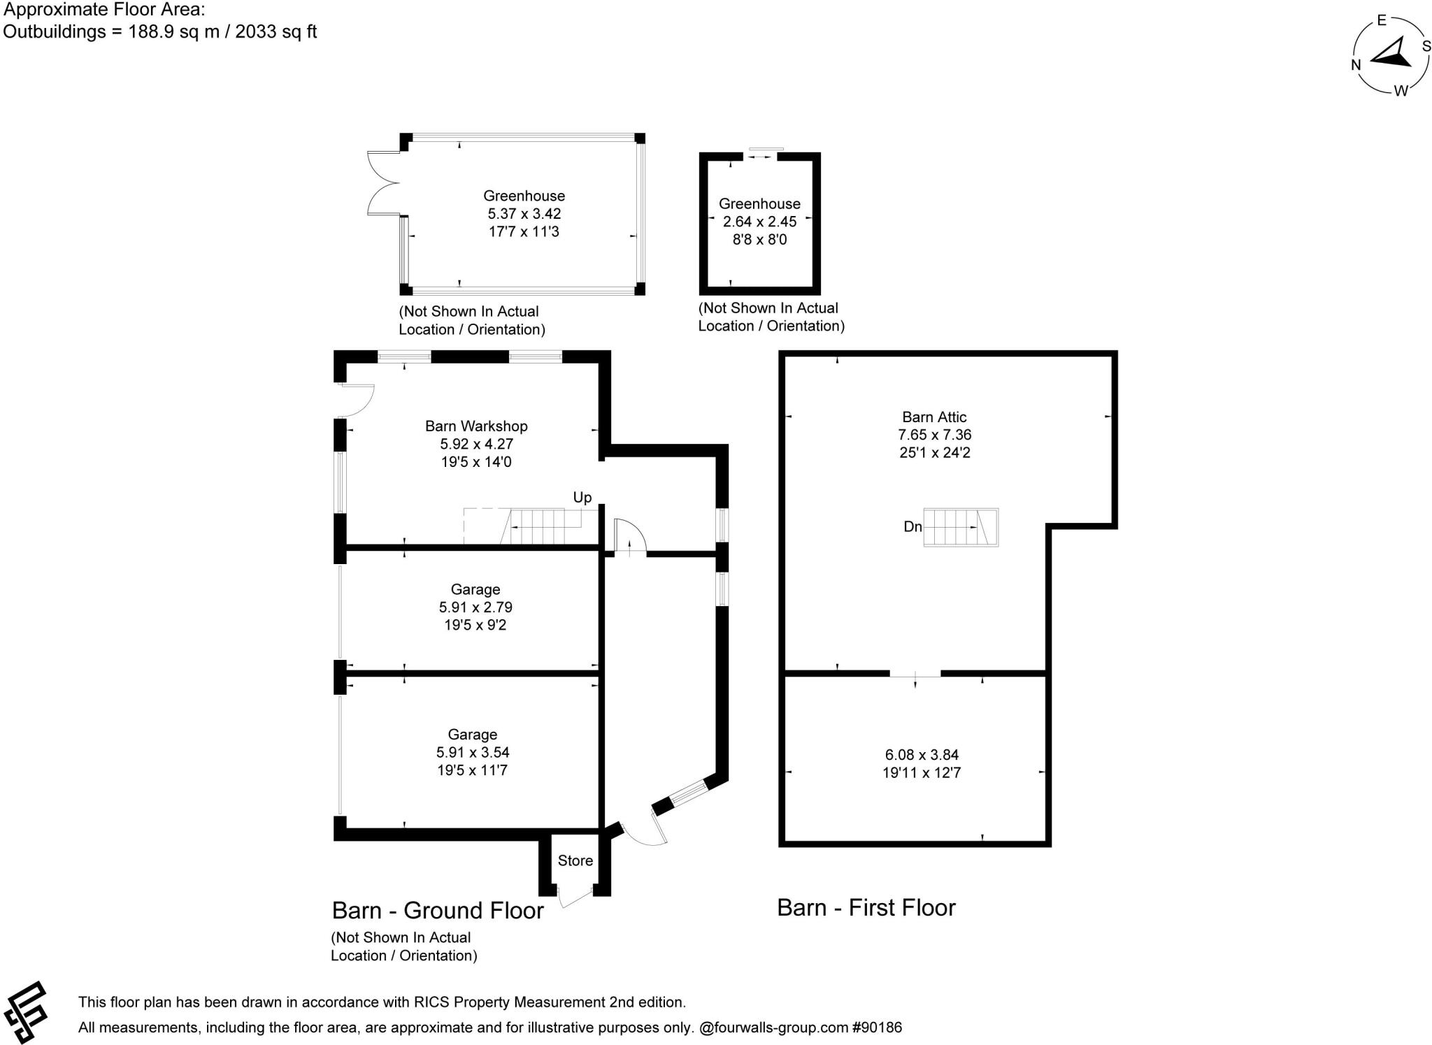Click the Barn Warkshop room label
(x=475, y=426)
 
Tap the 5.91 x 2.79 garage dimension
(x=475, y=607)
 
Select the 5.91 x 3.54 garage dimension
(x=473, y=752)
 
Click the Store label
(x=575, y=860)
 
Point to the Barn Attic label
(x=934, y=417)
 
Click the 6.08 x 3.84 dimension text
(x=922, y=755)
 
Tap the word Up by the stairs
(x=582, y=497)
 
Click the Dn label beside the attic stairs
(x=912, y=526)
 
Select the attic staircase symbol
(x=961, y=527)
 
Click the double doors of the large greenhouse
(x=381, y=183)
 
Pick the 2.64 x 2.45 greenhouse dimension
(x=759, y=222)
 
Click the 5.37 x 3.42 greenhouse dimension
(x=524, y=214)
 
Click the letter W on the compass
(x=1401, y=91)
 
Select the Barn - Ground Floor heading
(x=438, y=910)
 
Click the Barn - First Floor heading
(x=866, y=907)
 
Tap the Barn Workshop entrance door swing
(x=358, y=401)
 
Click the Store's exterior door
(x=575, y=898)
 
